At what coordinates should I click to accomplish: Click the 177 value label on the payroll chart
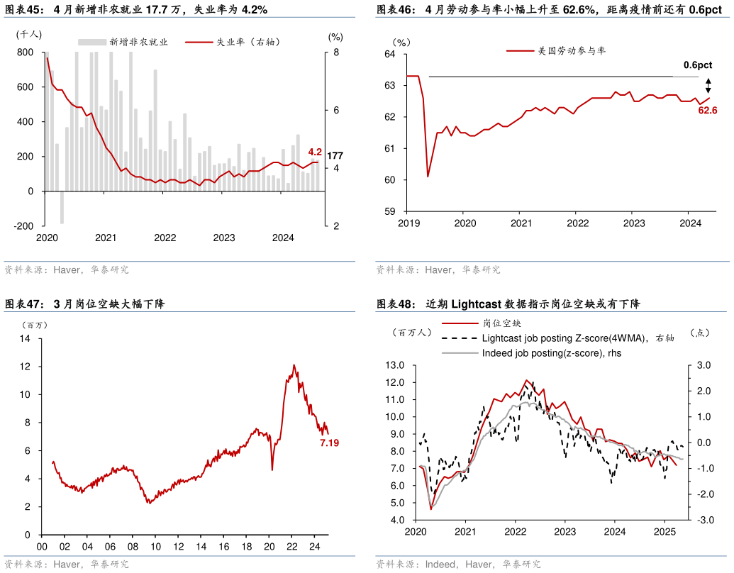tap(335, 156)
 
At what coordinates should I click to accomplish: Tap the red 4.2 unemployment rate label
tap(315, 152)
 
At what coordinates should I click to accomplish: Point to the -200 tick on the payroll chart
tap(25, 226)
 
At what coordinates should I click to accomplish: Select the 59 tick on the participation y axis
tap(390, 211)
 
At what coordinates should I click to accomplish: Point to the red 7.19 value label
tap(329, 443)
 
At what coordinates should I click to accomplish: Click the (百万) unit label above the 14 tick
tap(35, 324)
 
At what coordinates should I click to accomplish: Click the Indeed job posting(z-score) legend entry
tap(551, 352)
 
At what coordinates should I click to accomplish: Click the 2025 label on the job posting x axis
tap(665, 531)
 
